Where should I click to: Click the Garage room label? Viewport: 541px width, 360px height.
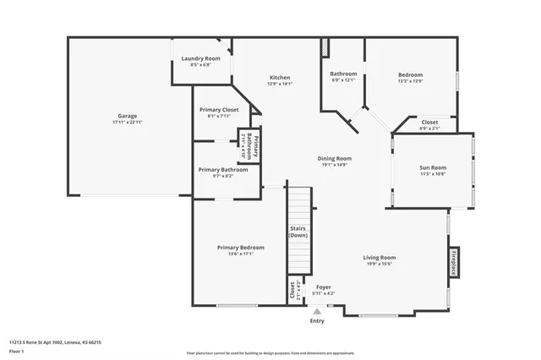point(128,116)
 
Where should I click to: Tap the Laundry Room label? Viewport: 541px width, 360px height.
point(200,58)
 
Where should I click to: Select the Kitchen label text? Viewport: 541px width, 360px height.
point(280,77)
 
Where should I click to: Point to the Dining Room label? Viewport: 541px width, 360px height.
point(335,158)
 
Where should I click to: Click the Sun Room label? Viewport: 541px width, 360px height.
point(433,167)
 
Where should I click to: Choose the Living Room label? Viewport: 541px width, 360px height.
point(380,258)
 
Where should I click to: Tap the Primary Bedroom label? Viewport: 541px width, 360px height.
point(240,248)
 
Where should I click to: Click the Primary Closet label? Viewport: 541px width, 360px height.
point(219,110)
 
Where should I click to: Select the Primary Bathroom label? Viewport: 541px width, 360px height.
point(222,170)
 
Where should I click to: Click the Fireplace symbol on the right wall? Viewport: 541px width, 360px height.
point(454,264)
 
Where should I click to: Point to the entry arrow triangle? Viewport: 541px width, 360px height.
point(317,311)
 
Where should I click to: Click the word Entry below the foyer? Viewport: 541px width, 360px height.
point(317,321)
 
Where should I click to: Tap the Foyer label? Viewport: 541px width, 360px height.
point(324,287)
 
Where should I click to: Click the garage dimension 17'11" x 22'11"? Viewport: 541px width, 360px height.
point(128,123)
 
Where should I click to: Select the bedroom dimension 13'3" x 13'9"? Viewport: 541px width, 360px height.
point(410,81)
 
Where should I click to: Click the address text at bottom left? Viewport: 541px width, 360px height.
point(55,342)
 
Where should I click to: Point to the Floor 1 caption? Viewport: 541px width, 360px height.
point(17,351)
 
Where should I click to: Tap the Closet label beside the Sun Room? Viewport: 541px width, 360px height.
point(429,123)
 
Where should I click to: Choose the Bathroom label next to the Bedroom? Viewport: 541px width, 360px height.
point(342,74)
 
